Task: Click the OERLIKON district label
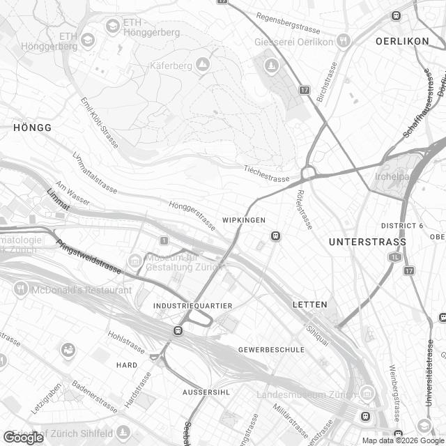point(402,41)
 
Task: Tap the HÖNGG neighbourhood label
point(32,128)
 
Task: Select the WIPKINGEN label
point(244,220)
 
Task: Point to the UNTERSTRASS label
point(367,242)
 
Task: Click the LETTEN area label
point(309,305)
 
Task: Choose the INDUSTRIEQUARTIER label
point(194,306)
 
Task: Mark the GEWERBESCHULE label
point(268,348)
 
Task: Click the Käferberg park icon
point(202,65)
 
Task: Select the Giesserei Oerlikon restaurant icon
point(342,41)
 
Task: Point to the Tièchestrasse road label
point(267,174)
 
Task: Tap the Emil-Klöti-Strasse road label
point(100,122)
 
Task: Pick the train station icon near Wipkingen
point(276,236)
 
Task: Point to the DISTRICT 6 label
point(402,226)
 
